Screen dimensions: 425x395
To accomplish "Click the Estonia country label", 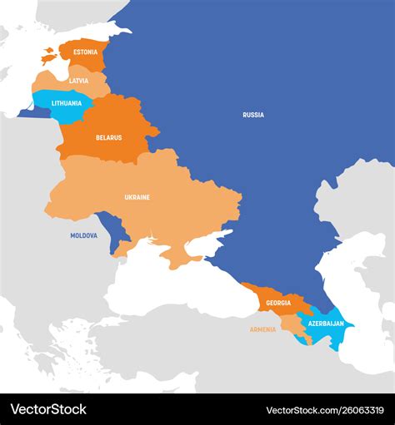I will pos(85,52).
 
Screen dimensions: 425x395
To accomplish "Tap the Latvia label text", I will pos(78,81).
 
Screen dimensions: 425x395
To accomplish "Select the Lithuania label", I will pos(67,103).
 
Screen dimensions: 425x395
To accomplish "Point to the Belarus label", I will pos(108,137).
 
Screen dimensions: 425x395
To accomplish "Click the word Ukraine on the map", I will pos(137,197).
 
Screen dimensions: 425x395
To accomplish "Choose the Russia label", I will pos(253,115).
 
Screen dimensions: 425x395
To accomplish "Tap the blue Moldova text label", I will pos(83,235).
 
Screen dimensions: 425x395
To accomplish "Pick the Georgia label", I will pos(279,303).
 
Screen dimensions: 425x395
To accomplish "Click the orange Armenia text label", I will pos(262,329).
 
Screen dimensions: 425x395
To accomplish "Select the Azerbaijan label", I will pos(326,323).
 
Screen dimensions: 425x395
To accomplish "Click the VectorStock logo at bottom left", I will pos(48,409).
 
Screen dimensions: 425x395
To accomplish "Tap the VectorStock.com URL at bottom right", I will pos(325,410).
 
